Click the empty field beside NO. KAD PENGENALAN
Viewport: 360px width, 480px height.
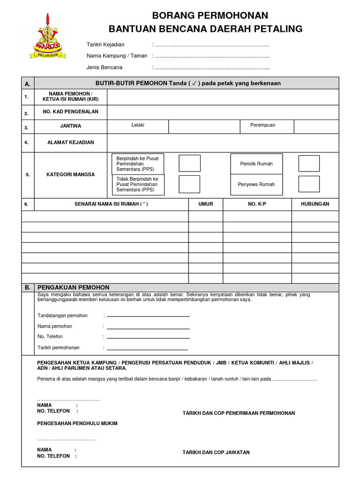[223, 112]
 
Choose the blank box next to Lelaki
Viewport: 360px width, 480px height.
[204, 127]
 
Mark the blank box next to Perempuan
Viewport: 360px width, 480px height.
[316, 127]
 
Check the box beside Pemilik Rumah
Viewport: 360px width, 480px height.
[309, 164]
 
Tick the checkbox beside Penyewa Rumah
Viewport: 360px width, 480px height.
[309, 184]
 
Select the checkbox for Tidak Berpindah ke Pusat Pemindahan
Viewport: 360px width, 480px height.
[189, 184]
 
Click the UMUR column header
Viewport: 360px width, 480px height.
[206, 204]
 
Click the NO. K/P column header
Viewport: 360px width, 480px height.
[257, 204]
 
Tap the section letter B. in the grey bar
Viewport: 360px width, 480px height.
[28, 287]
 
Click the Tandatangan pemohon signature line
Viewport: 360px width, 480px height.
[148, 316]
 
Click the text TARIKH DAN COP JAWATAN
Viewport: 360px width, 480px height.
[216, 452]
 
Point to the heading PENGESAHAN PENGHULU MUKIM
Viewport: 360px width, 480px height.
[77, 424]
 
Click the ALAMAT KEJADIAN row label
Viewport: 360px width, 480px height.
[70, 142]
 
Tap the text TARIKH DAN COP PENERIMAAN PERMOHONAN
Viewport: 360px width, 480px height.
[239, 413]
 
